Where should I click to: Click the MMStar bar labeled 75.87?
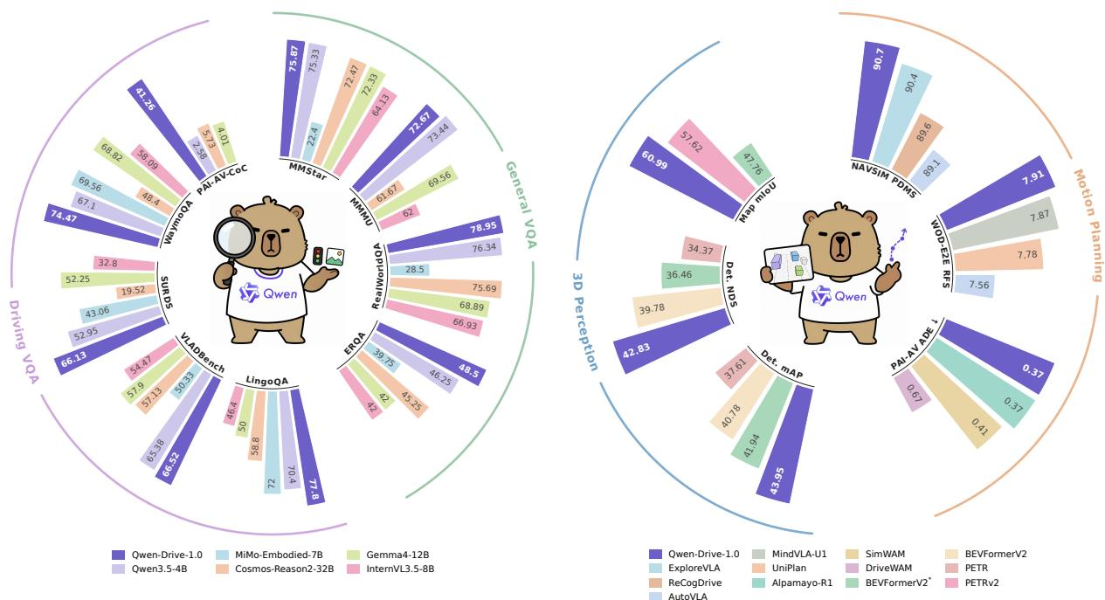[x=293, y=99]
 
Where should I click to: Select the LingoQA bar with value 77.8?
[x=307, y=446]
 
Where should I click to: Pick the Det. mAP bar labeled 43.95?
[x=784, y=444]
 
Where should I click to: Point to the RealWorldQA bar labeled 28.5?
[x=410, y=270]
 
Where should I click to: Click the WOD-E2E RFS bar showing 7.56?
[x=974, y=286]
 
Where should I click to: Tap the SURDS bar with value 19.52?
[x=136, y=291]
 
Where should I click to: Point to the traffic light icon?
[x=318, y=256]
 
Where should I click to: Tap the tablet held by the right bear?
[x=788, y=264]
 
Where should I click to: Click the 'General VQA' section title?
[x=521, y=204]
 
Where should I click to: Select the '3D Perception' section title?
[x=585, y=321]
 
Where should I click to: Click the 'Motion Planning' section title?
[x=1089, y=225]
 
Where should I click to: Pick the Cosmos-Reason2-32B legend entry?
[x=275, y=569]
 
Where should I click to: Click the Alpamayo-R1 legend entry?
[x=792, y=583]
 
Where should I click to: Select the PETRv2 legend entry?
[x=973, y=583]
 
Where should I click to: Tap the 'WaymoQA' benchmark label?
[x=178, y=222]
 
